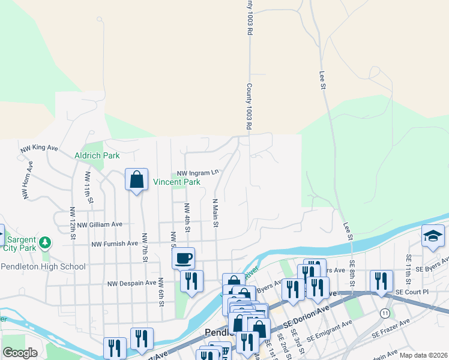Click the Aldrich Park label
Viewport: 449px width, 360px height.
click(97, 155)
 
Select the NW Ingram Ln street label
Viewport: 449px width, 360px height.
click(197, 172)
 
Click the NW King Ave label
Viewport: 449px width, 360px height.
click(39, 148)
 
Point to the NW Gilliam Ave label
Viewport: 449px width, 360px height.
click(100, 224)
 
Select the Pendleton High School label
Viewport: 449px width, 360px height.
click(43, 266)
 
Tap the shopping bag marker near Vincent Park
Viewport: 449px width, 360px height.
click(137, 179)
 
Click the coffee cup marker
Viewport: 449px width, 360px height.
click(184, 258)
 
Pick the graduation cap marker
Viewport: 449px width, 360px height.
click(432, 236)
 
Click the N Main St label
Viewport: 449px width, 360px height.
click(214, 214)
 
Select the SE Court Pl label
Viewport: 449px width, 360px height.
click(412, 292)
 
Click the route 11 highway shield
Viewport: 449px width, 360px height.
click(385, 313)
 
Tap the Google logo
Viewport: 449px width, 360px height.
click(19, 353)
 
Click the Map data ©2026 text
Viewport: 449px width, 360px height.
click(423, 355)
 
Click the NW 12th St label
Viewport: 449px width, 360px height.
click(72, 224)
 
